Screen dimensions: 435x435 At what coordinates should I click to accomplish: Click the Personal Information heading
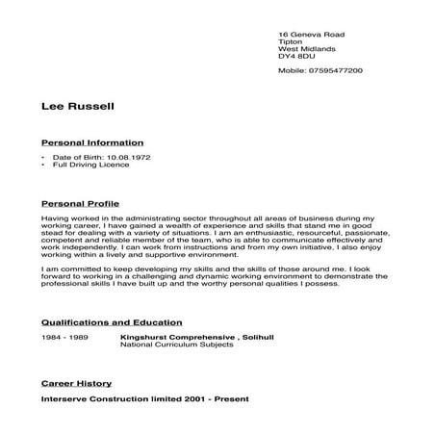(92, 141)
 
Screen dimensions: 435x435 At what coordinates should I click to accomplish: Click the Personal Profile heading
(82, 205)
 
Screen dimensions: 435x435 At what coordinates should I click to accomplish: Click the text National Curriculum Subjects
(176, 345)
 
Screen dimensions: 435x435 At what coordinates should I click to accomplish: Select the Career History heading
(76, 383)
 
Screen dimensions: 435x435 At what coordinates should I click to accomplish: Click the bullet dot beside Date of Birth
(44, 157)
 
